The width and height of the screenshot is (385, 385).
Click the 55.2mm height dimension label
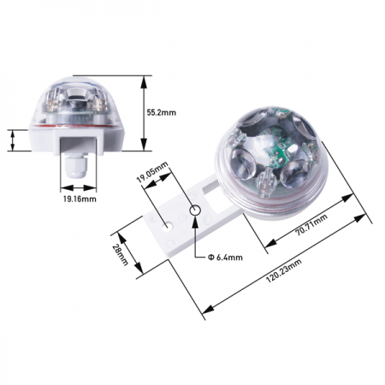click(162, 112)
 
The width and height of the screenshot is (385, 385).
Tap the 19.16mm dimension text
click(79, 198)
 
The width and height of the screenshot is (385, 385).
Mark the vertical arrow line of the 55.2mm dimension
click(142, 112)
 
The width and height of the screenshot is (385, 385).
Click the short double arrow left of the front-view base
click(15, 140)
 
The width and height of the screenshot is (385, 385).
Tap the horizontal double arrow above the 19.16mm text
click(79, 188)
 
